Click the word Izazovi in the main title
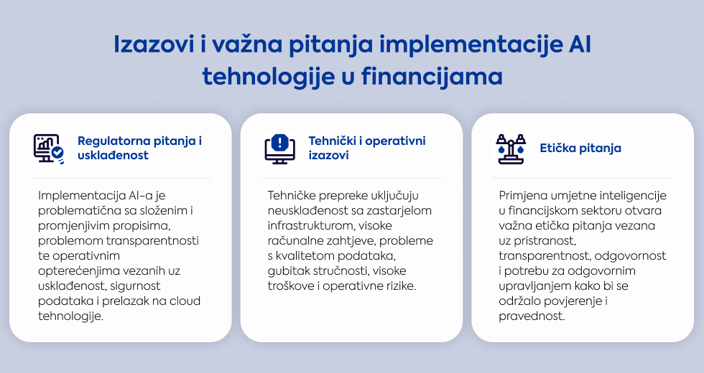coord(154,44)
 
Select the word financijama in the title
coord(432,76)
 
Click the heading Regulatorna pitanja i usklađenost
coord(139,148)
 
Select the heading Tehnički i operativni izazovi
coord(367,148)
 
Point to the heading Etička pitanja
coord(580,148)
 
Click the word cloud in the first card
coord(185,301)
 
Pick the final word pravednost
coord(532,316)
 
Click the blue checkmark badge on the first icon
coord(57,154)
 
